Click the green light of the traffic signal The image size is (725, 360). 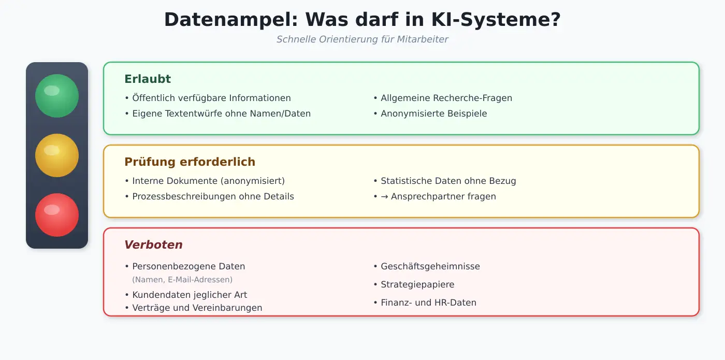[57, 96]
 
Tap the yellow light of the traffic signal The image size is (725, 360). [57, 155]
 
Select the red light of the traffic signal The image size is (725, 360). [57, 215]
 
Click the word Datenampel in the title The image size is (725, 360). [231, 20]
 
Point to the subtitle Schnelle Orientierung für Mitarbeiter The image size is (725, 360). [362, 39]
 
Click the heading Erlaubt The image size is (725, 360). [148, 79]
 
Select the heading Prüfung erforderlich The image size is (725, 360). [190, 162]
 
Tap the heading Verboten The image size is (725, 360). [153, 244]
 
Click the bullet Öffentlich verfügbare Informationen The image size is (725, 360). [208, 98]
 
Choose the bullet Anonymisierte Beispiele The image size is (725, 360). [430, 113]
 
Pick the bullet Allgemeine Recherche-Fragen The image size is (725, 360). [443, 98]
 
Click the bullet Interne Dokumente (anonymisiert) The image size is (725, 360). [205, 181]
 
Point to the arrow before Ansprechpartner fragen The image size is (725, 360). [384, 196]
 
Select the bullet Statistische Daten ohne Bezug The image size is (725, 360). [445, 181]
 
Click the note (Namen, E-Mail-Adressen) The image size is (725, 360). [182, 280]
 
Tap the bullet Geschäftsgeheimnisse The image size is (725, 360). [427, 266]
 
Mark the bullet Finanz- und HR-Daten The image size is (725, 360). [425, 303]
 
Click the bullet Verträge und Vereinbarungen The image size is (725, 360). [193, 308]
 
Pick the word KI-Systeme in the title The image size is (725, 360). [496, 20]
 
